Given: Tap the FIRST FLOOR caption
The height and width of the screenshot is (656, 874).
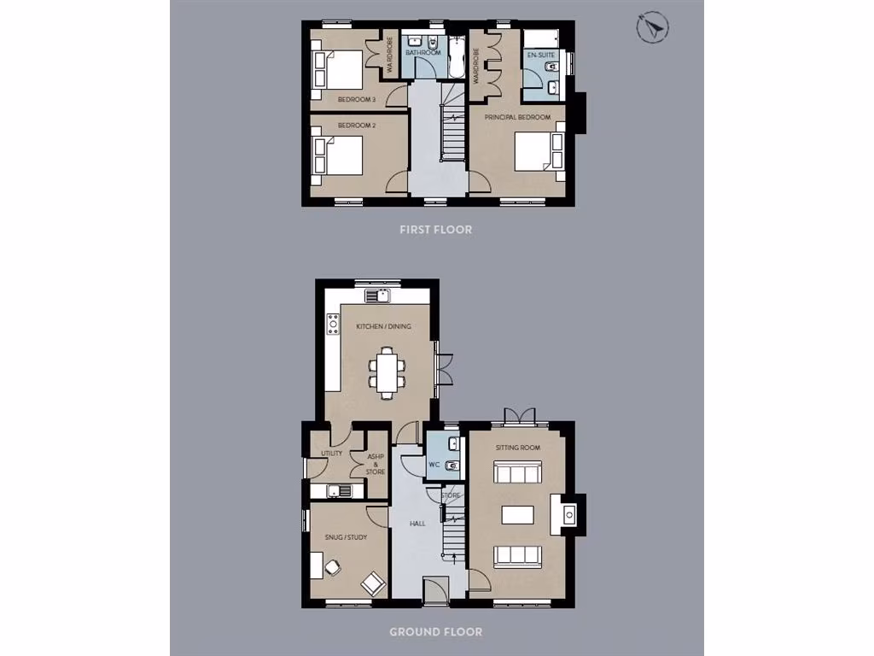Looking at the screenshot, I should (x=436, y=230).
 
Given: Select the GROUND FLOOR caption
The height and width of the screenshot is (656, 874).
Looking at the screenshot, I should (x=435, y=632).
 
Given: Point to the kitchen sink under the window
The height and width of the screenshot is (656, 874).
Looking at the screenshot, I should (x=376, y=296).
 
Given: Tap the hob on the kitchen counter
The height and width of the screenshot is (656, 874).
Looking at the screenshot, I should (x=332, y=324).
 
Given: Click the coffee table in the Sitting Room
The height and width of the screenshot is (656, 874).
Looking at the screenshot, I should (x=519, y=514).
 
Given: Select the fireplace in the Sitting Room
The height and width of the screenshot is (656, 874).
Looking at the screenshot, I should (x=568, y=513).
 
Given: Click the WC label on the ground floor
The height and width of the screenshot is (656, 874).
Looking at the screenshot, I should (x=434, y=465).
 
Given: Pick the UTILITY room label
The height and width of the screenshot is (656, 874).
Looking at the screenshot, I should (x=331, y=453).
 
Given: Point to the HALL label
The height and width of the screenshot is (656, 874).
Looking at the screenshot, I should (x=417, y=523).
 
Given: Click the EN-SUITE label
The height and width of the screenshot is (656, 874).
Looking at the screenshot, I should (x=540, y=55).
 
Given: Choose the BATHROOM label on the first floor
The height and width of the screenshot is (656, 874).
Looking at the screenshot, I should (x=422, y=53).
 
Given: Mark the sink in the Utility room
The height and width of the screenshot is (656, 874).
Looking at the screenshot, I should (x=338, y=490).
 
